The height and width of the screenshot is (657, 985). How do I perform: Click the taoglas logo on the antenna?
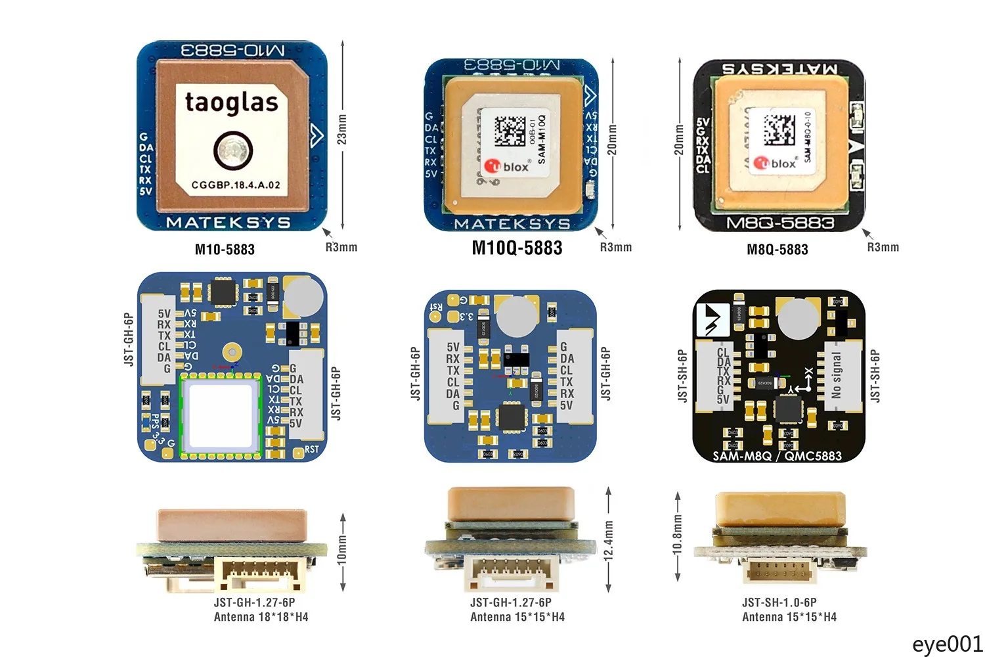point(231,102)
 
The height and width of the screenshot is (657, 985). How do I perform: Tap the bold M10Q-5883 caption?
point(517,248)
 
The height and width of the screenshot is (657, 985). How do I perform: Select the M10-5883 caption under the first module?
point(225,250)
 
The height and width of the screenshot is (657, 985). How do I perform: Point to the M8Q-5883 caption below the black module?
point(777,250)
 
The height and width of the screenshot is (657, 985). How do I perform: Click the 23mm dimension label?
point(341,129)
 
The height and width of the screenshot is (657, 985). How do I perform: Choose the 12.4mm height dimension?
point(609,540)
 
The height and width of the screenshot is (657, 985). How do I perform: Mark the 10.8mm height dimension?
point(678,535)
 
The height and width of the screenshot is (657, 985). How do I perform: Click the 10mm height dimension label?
point(341,549)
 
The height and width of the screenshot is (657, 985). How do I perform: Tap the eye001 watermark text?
point(947,644)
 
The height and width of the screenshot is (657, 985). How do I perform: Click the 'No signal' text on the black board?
point(836,375)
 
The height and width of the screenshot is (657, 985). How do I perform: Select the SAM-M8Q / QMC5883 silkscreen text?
point(777,456)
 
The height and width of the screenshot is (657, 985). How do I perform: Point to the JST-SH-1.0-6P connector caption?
point(779,602)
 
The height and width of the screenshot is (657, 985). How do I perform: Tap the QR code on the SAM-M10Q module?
point(510,131)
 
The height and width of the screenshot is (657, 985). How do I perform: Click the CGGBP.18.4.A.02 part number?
point(236,185)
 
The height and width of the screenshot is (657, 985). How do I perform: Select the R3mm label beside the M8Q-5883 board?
point(883,248)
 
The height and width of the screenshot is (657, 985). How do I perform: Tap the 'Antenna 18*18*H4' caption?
point(261,617)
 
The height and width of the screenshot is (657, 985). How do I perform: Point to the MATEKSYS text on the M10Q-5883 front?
point(512,224)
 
